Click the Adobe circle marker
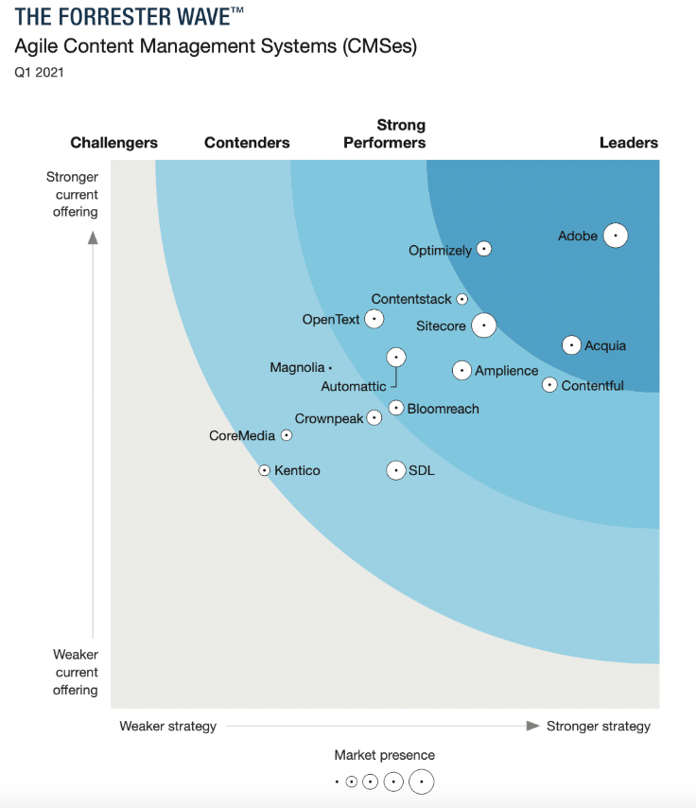pos(616,235)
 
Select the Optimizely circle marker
pos(484,249)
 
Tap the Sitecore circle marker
pos(483,325)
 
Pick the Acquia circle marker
pos(571,345)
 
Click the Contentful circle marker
pos(549,384)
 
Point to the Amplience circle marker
pos(461,370)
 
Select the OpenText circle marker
pos(374,319)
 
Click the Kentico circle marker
pos(265,470)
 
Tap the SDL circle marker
pos(396,470)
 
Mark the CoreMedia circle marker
pos(287,435)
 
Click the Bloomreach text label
pos(444,409)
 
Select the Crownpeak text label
pos(329,418)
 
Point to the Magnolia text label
pos(297,367)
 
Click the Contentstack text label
pos(411,299)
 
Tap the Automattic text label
pos(354,386)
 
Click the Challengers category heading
pos(114,143)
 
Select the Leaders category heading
pos(629,143)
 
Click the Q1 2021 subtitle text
pos(39,72)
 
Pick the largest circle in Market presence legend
pos(422,782)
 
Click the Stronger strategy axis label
pos(599,726)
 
